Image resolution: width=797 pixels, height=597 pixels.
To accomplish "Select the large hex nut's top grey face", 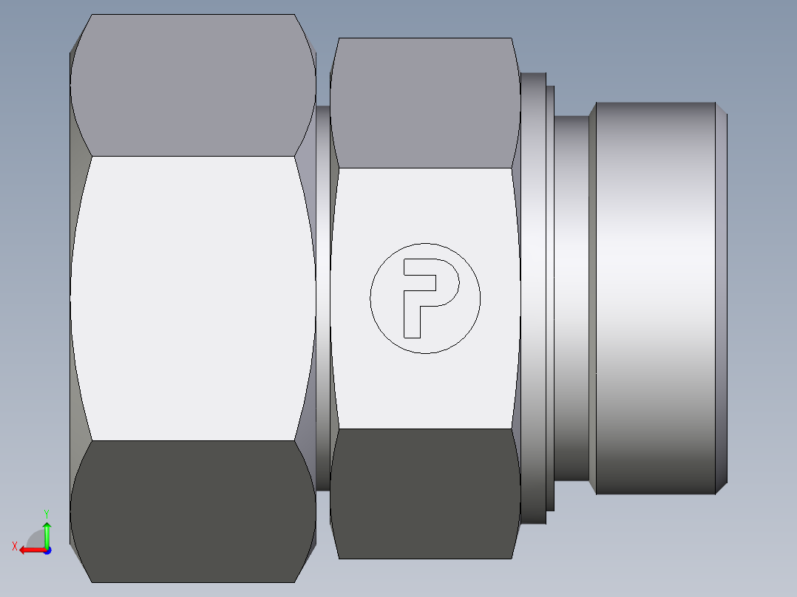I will [x=193, y=85].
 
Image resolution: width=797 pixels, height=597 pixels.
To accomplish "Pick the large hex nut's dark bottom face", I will [x=193, y=510].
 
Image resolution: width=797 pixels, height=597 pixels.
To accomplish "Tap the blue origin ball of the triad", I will [x=47, y=550].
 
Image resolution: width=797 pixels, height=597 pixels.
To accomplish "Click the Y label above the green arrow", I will [x=46, y=513].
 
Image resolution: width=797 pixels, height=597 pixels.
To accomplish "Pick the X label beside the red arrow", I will [x=14, y=547].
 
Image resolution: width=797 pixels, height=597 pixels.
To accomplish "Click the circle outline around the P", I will [x=371, y=298].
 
